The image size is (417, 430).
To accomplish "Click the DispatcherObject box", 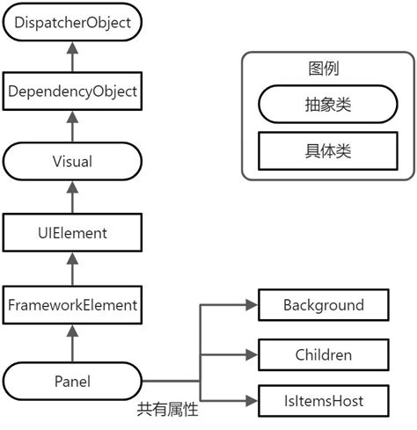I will click(72, 22).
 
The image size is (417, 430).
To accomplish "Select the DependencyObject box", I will click(72, 91).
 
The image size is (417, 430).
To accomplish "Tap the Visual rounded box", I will click(72, 162).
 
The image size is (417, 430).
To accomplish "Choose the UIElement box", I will click(72, 233).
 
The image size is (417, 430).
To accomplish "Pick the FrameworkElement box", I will click(72, 305).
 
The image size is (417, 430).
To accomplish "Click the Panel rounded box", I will click(72, 381).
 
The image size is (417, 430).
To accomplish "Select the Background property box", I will click(323, 305).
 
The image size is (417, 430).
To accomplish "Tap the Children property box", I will click(323, 354).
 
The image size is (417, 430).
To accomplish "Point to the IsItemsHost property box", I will click(323, 402).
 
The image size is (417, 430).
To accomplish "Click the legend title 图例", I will click(324, 69).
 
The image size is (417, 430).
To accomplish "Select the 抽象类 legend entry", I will click(324, 106).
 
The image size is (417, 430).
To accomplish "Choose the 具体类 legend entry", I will click(324, 150).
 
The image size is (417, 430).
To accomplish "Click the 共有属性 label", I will click(167, 410).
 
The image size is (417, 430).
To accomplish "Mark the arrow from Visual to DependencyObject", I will click(72, 126).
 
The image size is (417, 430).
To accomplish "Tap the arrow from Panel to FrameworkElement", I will click(72, 342).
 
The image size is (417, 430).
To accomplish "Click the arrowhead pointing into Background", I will click(250, 305).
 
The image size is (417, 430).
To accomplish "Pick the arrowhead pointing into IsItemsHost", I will click(250, 402).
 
